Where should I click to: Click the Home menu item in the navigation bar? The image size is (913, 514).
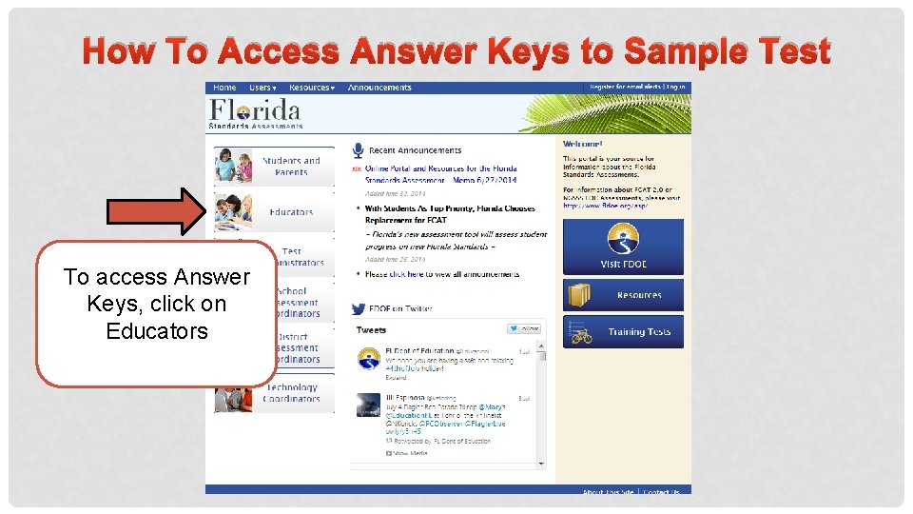(225, 88)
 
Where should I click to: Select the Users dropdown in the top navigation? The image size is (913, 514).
(262, 88)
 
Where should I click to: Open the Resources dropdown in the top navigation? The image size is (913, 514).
(311, 88)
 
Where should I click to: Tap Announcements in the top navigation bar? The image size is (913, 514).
(379, 88)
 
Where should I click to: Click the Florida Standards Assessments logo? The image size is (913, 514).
(256, 113)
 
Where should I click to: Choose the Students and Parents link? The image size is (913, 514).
(290, 167)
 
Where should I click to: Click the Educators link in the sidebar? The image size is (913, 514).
(290, 212)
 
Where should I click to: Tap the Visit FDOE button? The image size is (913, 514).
(623, 247)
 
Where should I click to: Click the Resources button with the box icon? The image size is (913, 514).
(623, 295)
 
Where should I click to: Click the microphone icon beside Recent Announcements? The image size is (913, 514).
(358, 150)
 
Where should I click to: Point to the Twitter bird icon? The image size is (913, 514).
(359, 309)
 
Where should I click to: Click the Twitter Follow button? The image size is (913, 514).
(524, 329)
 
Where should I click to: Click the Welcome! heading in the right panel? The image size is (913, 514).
(583, 144)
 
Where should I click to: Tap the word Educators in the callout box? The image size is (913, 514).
(157, 331)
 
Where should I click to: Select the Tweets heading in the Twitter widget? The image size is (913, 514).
(371, 330)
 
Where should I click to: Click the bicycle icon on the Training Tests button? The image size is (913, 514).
(580, 333)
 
